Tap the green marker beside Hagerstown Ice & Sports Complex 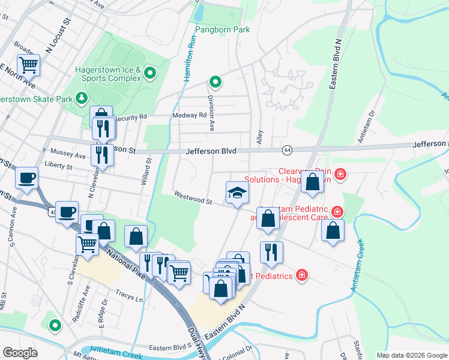[150, 74]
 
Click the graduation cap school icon [237, 193]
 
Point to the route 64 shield [288, 149]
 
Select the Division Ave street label [211, 113]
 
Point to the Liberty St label [58, 166]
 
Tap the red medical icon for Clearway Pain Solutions [340, 174]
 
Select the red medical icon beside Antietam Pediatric [337, 212]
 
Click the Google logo [20, 353]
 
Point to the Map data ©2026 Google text [411, 355]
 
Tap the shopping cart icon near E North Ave [28, 64]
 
